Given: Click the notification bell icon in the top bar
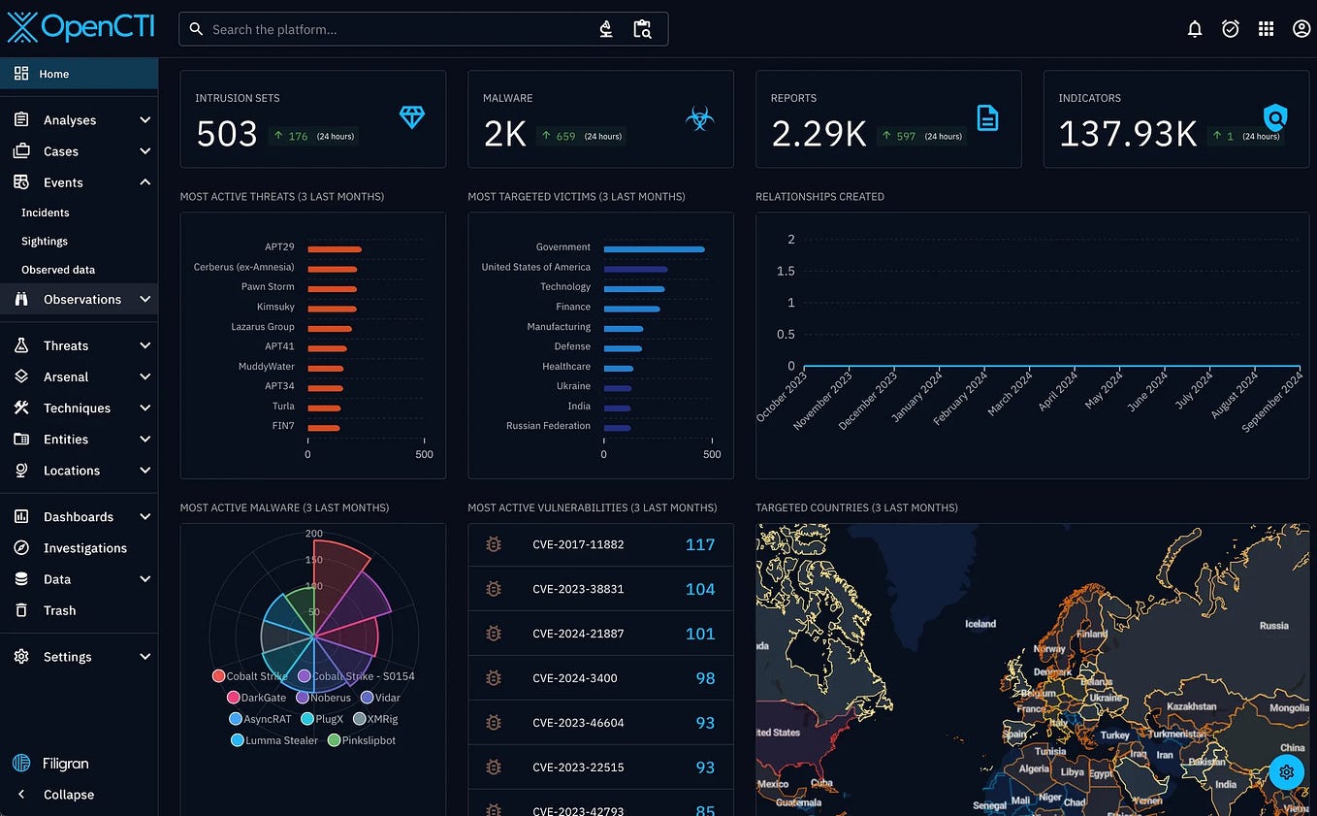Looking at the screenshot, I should [1195, 29].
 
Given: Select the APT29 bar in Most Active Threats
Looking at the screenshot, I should [335, 249].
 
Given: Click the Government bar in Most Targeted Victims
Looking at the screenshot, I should [654, 249].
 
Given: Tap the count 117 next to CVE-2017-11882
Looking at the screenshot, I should [699, 544].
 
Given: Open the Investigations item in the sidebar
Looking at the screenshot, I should [84, 548].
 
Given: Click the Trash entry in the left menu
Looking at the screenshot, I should [59, 610].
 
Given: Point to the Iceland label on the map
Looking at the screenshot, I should [980, 624].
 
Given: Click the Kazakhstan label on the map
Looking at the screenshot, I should [1191, 706].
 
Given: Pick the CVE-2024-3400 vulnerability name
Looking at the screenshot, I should [575, 678].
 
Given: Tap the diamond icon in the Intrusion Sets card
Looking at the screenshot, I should [412, 117].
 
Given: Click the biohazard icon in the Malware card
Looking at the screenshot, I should [699, 118].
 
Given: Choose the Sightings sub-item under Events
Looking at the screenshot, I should [45, 241].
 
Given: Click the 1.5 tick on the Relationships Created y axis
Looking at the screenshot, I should [786, 271].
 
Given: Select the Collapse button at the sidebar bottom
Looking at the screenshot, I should [68, 795].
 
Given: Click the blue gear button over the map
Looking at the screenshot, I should [1286, 772].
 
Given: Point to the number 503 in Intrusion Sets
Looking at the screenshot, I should [227, 134].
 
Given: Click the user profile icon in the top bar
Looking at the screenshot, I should [1301, 29].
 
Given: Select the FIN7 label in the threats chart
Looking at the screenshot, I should [282, 426].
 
